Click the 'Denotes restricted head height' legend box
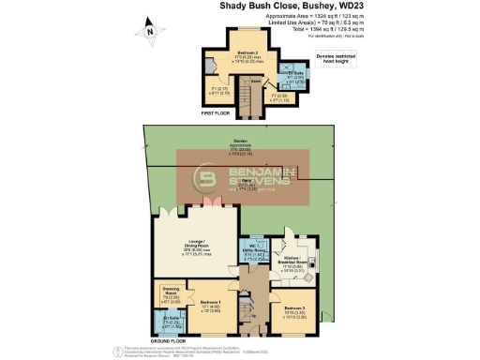[336, 60]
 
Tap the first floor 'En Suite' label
[295, 74]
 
